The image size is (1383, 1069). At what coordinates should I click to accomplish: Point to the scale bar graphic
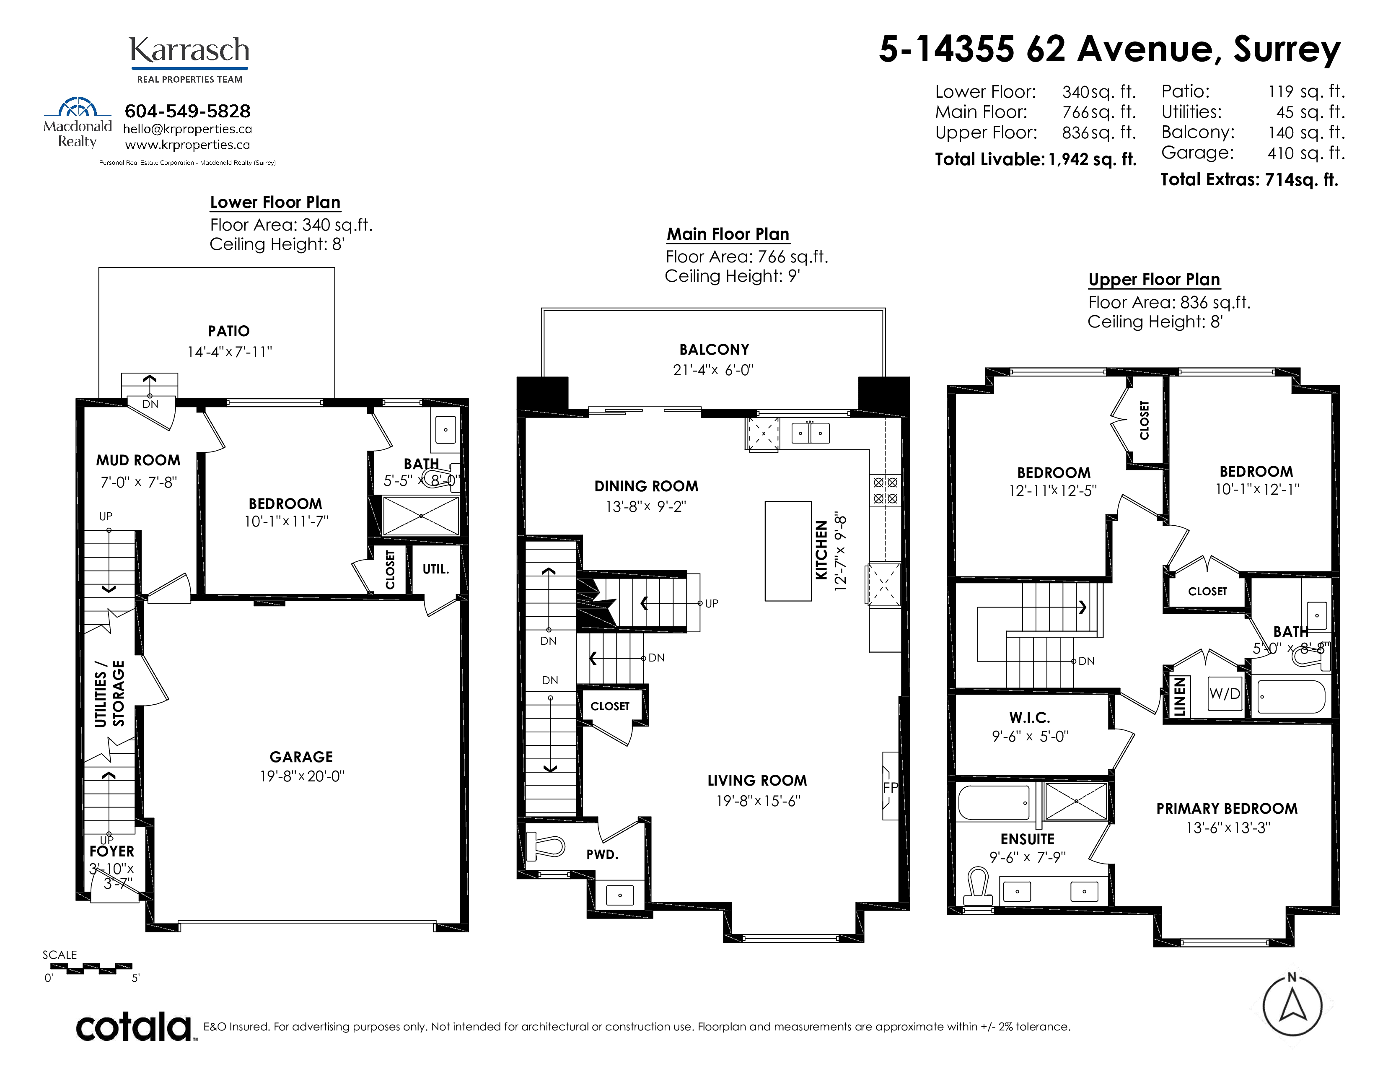coord(91,968)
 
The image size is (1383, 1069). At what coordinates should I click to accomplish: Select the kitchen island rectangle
coord(788,551)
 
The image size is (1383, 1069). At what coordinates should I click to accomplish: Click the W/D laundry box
coord(1224,693)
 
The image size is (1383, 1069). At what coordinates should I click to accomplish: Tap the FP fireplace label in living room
coord(890,788)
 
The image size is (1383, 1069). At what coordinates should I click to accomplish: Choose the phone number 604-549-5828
coord(187,112)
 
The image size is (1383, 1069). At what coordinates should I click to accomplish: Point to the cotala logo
coord(134,1027)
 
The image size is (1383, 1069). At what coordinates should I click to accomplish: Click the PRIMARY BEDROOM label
coord(1227,809)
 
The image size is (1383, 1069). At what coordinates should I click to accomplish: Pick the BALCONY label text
coord(714,350)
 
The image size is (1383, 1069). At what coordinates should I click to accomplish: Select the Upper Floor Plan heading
coord(1154,280)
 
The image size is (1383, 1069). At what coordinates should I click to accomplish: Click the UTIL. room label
coord(436,569)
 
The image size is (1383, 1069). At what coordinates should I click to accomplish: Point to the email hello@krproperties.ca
coord(187,129)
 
